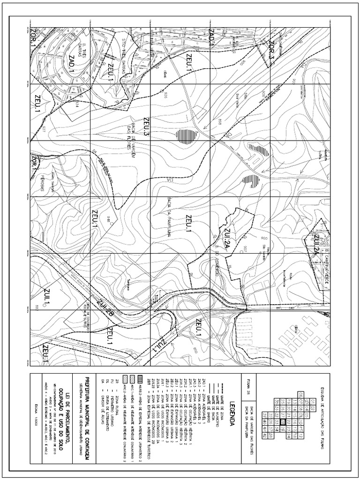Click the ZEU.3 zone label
147,127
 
